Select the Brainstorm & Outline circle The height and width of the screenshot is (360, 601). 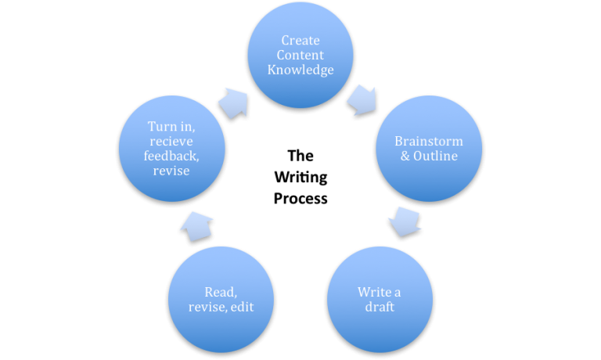point(428,148)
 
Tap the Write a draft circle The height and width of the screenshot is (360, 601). point(380,299)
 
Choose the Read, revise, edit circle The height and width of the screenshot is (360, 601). point(221,299)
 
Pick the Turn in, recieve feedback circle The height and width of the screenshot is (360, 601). point(172,148)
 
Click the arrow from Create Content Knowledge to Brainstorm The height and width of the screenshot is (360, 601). point(361,99)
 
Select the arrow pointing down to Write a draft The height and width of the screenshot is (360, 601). point(404,221)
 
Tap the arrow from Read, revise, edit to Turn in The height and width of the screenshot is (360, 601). point(196,225)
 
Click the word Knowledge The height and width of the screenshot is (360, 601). point(300,70)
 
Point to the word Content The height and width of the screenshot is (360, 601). point(300,56)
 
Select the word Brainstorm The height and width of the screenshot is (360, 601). point(428,142)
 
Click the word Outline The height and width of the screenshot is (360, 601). point(434,156)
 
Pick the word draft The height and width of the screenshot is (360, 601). point(380,307)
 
